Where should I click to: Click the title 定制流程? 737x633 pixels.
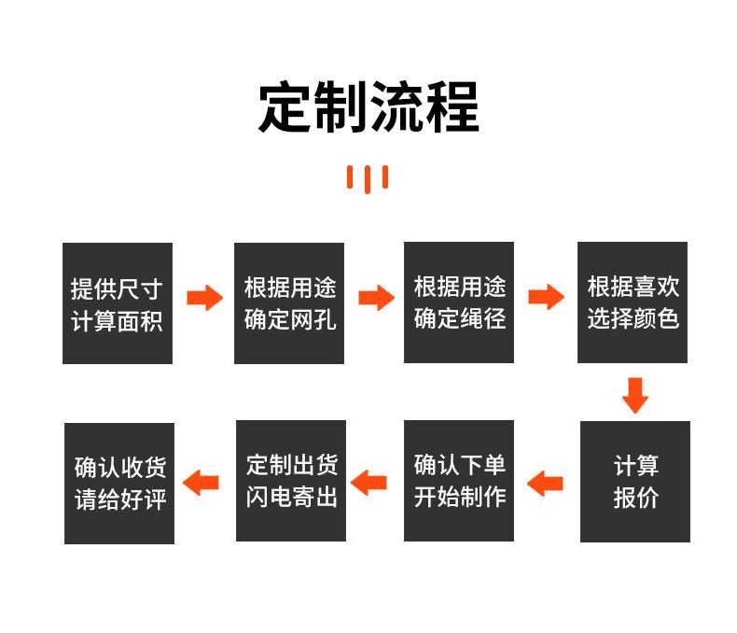[368, 107]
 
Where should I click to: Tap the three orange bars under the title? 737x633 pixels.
[368, 177]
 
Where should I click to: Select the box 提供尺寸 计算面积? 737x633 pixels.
[118, 303]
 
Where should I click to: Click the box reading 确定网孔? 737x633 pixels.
[289, 303]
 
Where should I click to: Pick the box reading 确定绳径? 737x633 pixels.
[459, 303]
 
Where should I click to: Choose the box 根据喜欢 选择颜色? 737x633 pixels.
[633, 303]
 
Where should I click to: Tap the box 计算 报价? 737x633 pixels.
[635, 482]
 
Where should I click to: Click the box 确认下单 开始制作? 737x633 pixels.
[459, 481]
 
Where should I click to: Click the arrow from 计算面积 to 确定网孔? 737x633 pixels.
[204, 298]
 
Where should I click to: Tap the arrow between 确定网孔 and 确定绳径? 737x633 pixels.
[376, 298]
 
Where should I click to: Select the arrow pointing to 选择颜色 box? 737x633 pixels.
[546, 298]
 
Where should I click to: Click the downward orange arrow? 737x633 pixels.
[635, 394]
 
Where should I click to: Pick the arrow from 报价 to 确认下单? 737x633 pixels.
[546, 483]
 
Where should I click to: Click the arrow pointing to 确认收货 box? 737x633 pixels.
[201, 483]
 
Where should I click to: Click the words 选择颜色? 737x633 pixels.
[633, 319]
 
